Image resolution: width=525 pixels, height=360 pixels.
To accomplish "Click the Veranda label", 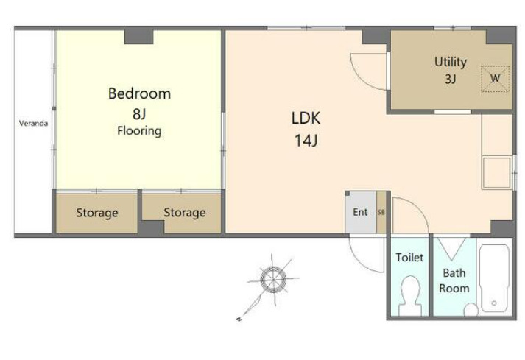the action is [x=33, y=123].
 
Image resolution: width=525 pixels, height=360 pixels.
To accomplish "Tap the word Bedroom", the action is [x=139, y=93].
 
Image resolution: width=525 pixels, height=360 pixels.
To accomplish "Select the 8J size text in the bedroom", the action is [x=139, y=114].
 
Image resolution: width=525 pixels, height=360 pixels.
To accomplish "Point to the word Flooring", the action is [x=139, y=130].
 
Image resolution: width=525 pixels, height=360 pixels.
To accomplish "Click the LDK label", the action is [x=306, y=119].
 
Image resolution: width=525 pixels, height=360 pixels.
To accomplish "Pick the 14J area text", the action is [x=306, y=141].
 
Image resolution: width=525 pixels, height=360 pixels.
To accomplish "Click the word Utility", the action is [x=451, y=62].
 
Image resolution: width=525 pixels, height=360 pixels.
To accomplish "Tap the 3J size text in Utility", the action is [x=451, y=79].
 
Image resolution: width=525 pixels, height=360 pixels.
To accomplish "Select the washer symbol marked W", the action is [x=496, y=79].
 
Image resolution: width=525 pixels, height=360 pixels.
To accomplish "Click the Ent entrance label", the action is [x=360, y=212].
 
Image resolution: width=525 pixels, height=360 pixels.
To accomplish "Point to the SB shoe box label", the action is [x=381, y=212].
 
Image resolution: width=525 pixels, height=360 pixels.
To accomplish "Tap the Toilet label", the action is [x=409, y=258].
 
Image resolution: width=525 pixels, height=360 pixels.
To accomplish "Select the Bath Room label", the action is [x=454, y=280].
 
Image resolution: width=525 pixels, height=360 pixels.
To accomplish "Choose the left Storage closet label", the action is [x=96, y=213].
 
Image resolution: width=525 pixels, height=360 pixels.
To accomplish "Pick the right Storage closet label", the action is [x=185, y=213].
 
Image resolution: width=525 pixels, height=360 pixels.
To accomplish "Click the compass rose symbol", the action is [x=274, y=280].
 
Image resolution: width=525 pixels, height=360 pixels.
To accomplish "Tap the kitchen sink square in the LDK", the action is [x=497, y=172].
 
